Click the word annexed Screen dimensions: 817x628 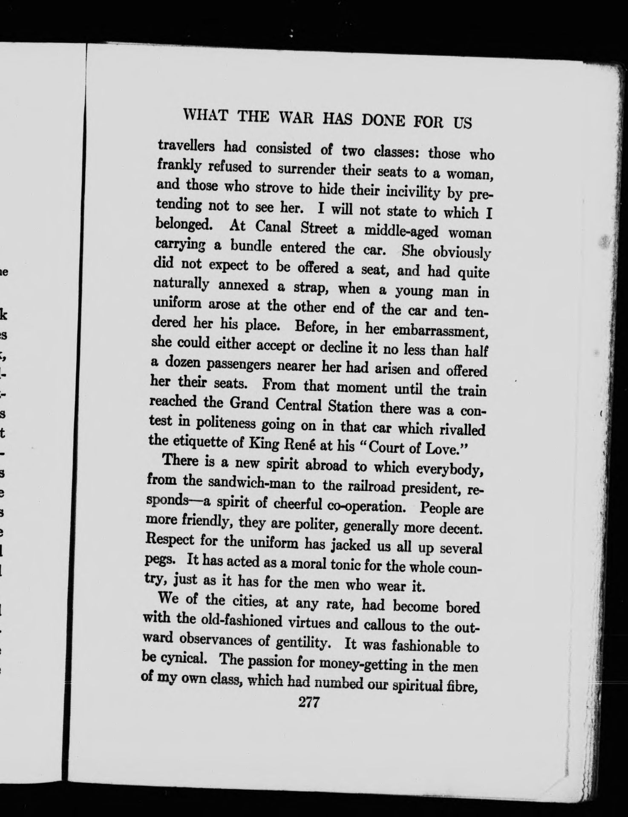pyautogui.click(x=243, y=286)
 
